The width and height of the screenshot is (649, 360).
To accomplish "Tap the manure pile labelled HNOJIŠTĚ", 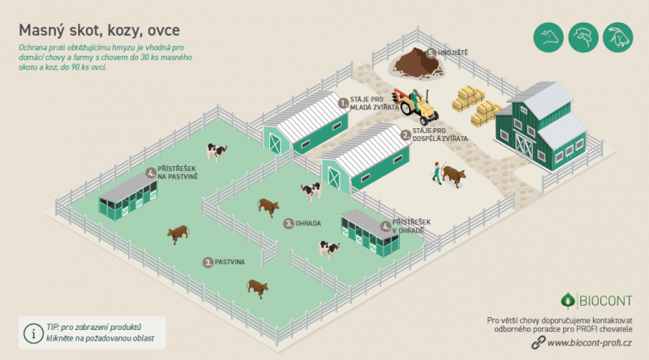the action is coord(418,64).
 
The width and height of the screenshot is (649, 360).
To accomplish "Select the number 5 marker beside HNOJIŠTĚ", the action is coord(432,54).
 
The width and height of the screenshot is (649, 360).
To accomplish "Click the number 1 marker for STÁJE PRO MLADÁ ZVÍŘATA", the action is coord(343,103).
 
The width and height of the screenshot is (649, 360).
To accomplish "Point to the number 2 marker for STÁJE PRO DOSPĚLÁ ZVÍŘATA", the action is coord(406,135).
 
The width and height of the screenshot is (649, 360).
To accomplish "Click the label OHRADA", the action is coord(308,224).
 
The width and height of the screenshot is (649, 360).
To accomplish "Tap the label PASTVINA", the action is coord(230,263).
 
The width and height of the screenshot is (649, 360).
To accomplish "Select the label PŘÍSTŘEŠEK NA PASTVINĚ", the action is coord(178,173).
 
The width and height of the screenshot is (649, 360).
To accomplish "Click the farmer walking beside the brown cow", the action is coord(436,173).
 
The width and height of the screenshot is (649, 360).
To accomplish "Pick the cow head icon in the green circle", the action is coord(548,37).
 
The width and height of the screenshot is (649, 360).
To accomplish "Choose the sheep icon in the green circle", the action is coord(583,37).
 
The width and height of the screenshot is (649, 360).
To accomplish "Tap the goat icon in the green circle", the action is coord(618,37).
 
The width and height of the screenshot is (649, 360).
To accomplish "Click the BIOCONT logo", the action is coord(596,301).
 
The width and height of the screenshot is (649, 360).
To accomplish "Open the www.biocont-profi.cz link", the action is coord(590,343).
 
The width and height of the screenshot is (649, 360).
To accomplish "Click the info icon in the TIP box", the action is coord(33,333).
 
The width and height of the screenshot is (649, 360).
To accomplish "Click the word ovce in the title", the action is coord(164,31).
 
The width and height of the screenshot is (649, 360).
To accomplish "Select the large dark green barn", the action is coord(541,126).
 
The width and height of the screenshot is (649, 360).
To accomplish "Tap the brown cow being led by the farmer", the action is coord(453,176).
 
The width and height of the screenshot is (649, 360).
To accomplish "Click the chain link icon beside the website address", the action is coord(538,343).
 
